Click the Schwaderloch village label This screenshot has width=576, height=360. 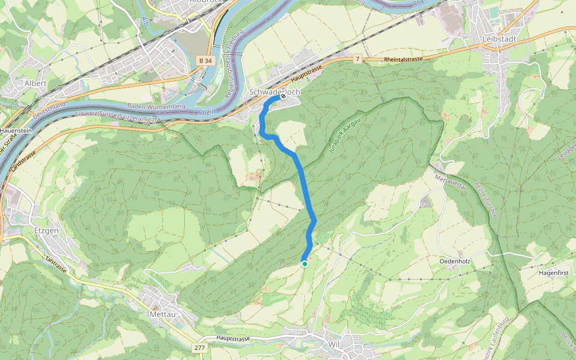pos(273,92)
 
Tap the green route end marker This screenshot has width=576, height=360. pos(304,263)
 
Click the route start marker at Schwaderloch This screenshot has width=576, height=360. pos(283,96)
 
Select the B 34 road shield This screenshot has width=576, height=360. pos(205,61)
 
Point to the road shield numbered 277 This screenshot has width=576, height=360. pos(199,348)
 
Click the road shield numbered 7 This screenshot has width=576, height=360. pos(357,59)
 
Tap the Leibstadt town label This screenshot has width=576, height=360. pos(499,39)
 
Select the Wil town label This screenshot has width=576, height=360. pos(334,344)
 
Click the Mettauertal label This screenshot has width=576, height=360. pos(449,179)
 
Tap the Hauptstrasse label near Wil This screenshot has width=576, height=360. pos(233,339)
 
